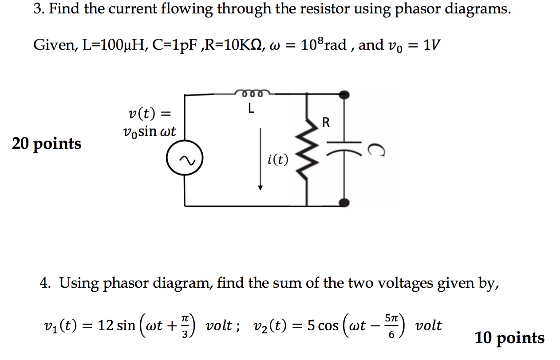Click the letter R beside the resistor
(x=326, y=123)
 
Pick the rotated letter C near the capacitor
(x=375, y=151)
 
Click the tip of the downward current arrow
(x=260, y=188)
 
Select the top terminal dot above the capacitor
(x=344, y=94)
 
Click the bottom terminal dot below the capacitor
(x=344, y=202)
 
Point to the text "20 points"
(x=47, y=144)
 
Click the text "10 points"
(x=509, y=338)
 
